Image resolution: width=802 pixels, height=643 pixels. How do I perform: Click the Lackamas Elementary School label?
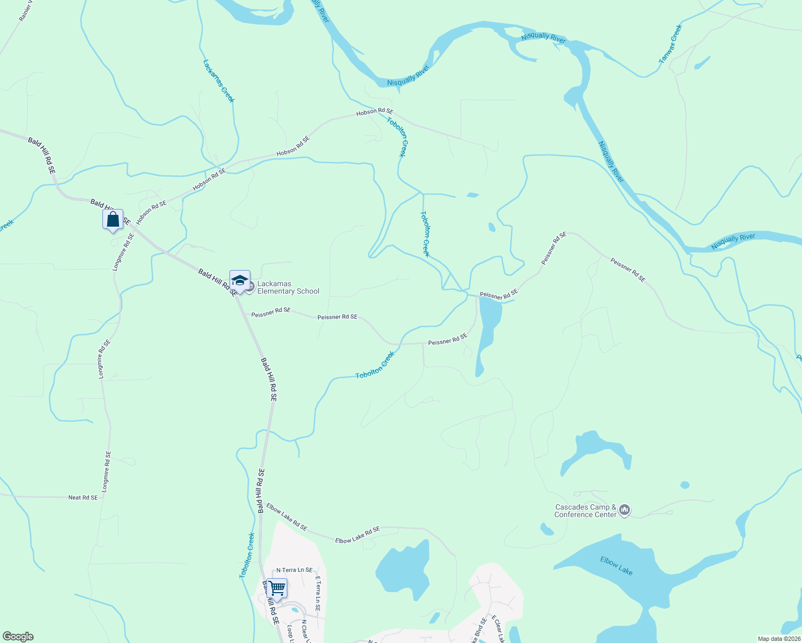tap(288, 288)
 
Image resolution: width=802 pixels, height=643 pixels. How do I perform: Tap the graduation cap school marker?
tap(240, 281)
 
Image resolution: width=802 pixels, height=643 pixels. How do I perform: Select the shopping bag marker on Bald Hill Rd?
tap(113, 220)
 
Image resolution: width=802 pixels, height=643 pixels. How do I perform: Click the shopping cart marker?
tap(277, 588)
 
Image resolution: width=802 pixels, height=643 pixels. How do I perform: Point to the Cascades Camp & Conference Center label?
tap(585, 511)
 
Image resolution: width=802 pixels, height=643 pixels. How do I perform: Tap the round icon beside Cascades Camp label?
tap(624, 510)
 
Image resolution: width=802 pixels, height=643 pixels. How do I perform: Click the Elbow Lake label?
tap(617, 566)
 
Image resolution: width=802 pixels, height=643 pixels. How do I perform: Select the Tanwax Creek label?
tap(671, 44)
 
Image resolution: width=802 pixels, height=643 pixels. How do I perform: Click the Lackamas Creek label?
tap(219, 81)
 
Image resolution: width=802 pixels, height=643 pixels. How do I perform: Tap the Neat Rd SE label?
tap(83, 498)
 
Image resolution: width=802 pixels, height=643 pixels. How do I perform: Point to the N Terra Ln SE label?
tap(294, 570)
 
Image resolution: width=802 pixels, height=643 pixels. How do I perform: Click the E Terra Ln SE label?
tap(317, 594)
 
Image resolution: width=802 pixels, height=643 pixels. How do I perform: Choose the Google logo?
tap(18, 637)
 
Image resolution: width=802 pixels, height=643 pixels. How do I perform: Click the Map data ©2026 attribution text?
tap(778, 639)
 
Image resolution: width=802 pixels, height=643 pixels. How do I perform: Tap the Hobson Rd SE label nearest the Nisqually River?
tap(375, 111)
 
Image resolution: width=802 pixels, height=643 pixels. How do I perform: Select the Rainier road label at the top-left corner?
tap(25, 11)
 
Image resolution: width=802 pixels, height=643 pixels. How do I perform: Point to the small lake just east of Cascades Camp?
tap(685, 485)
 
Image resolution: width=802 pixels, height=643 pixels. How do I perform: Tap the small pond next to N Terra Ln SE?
tap(294, 610)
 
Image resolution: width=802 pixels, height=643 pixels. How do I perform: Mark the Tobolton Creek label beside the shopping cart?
tap(247, 555)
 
